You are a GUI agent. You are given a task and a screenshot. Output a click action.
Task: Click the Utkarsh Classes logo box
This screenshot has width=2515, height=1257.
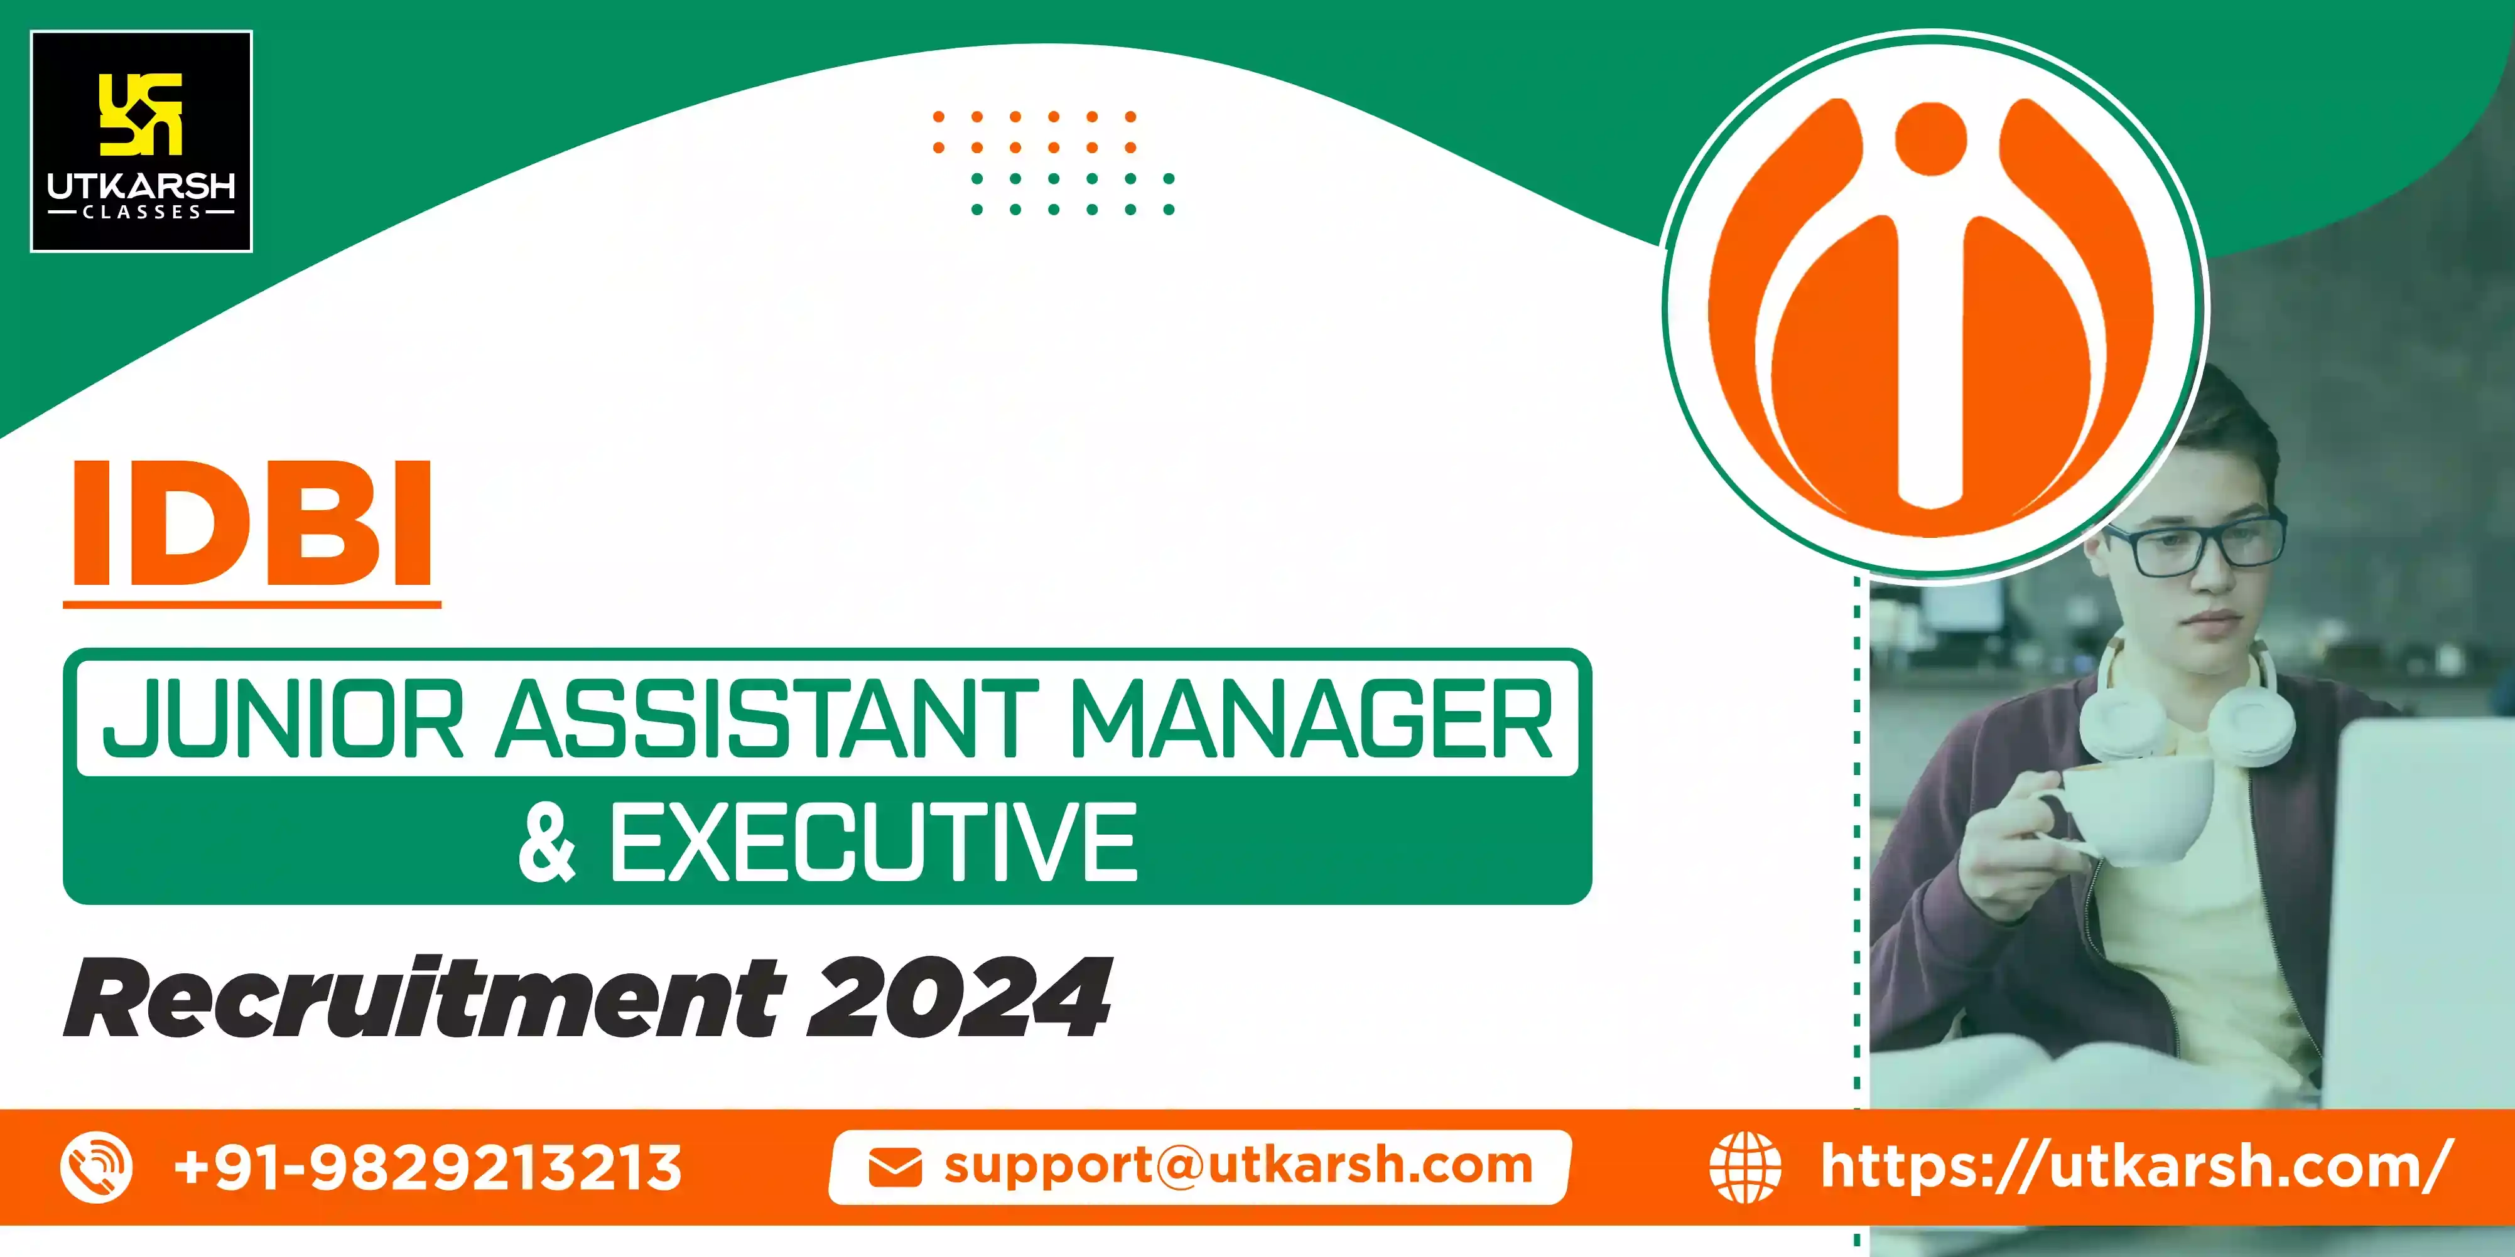(141, 141)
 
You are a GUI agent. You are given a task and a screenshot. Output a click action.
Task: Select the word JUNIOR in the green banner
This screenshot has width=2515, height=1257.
(283, 720)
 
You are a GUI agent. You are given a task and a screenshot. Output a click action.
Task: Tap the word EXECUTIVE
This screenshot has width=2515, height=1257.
(873, 842)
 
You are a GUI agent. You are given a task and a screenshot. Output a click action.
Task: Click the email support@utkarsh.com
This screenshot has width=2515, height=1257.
(1238, 1166)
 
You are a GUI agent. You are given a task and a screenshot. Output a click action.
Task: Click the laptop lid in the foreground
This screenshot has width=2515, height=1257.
(2421, 907)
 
